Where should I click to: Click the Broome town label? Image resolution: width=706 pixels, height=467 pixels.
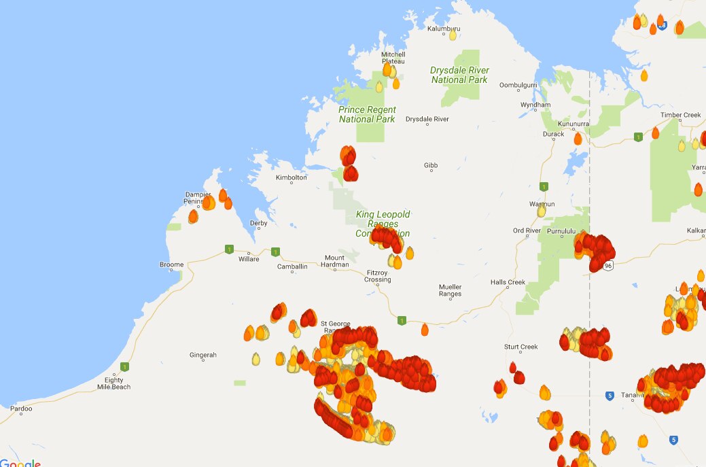point(171,264)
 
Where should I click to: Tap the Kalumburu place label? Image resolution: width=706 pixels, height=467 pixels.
point(444,29)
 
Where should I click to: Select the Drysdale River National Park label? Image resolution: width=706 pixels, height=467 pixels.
point(459,75)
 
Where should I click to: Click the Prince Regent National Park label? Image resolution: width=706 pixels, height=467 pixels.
point(367,114)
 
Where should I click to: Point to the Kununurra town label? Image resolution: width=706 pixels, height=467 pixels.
point(573,124)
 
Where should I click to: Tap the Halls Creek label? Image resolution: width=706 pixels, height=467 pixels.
point(508,282)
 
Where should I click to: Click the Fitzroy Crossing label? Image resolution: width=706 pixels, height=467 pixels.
point(378,276)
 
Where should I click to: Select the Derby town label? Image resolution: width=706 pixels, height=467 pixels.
point(258,223)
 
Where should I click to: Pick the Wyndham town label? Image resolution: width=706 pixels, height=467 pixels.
point(535,105)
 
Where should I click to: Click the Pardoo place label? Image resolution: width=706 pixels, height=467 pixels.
point(20,409)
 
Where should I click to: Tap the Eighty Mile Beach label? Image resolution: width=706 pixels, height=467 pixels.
point(113,383)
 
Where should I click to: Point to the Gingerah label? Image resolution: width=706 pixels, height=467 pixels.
point(203,355)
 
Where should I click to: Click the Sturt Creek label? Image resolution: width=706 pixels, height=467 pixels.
point(521,347)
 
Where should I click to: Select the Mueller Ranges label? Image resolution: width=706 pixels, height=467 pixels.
point(450,290)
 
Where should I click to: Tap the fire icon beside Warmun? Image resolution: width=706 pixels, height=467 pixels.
point(542,211)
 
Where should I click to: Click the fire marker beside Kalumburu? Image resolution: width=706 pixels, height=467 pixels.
point(453,35)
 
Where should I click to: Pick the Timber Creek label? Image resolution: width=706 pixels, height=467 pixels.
point(680,115)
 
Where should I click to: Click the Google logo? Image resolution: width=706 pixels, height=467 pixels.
point(20,463)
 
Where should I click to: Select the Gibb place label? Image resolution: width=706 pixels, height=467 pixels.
point(431,165)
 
